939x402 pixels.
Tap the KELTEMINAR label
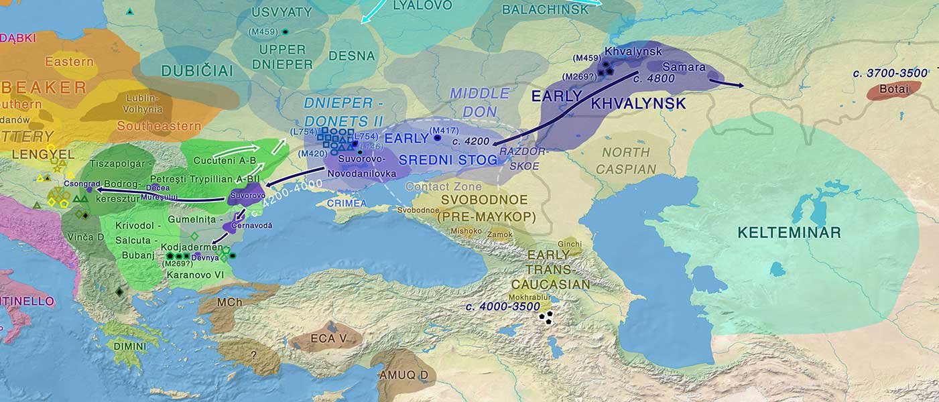click(789, 233)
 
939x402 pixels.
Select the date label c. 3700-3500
click(890, 73)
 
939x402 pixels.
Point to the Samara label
click(684, 67)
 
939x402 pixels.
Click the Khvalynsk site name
click(623, 52)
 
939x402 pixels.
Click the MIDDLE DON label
click(480, 102)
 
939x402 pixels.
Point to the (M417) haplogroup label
click(442, 130)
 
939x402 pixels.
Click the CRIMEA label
click(347, 203)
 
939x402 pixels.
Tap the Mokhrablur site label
click(530, 297)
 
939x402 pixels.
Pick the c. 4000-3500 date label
click(503, 307)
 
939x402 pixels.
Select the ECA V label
click(328, 338)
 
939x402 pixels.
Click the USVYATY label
click(282, 11)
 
